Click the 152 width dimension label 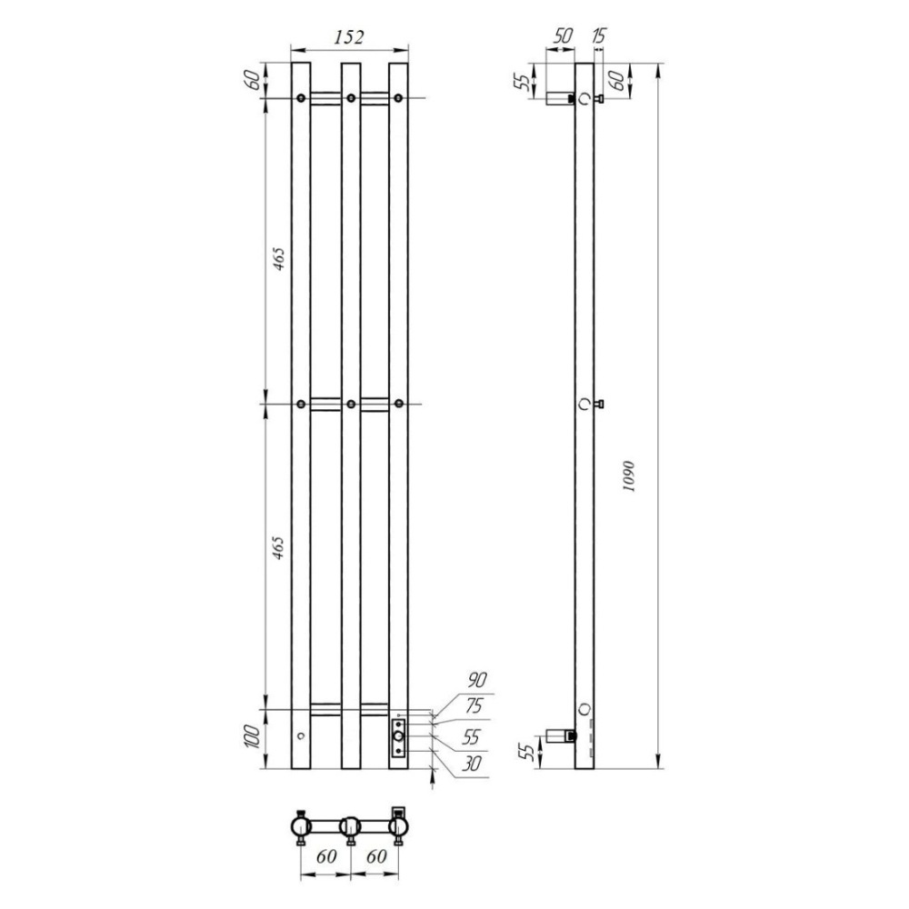pos(349,37)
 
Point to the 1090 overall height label pos(630,476)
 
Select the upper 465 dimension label pos(279,260)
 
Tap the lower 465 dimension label pos(279,547)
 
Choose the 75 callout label pos(473,706)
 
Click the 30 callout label pos(471,764)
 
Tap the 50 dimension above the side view pos(562,36)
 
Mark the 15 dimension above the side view pos(599,36)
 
